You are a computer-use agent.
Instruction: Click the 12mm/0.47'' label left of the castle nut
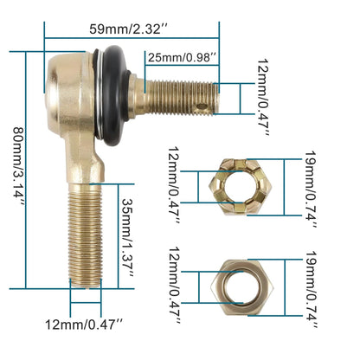coord(172,185)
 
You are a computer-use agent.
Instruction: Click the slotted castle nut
coord(241,185)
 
